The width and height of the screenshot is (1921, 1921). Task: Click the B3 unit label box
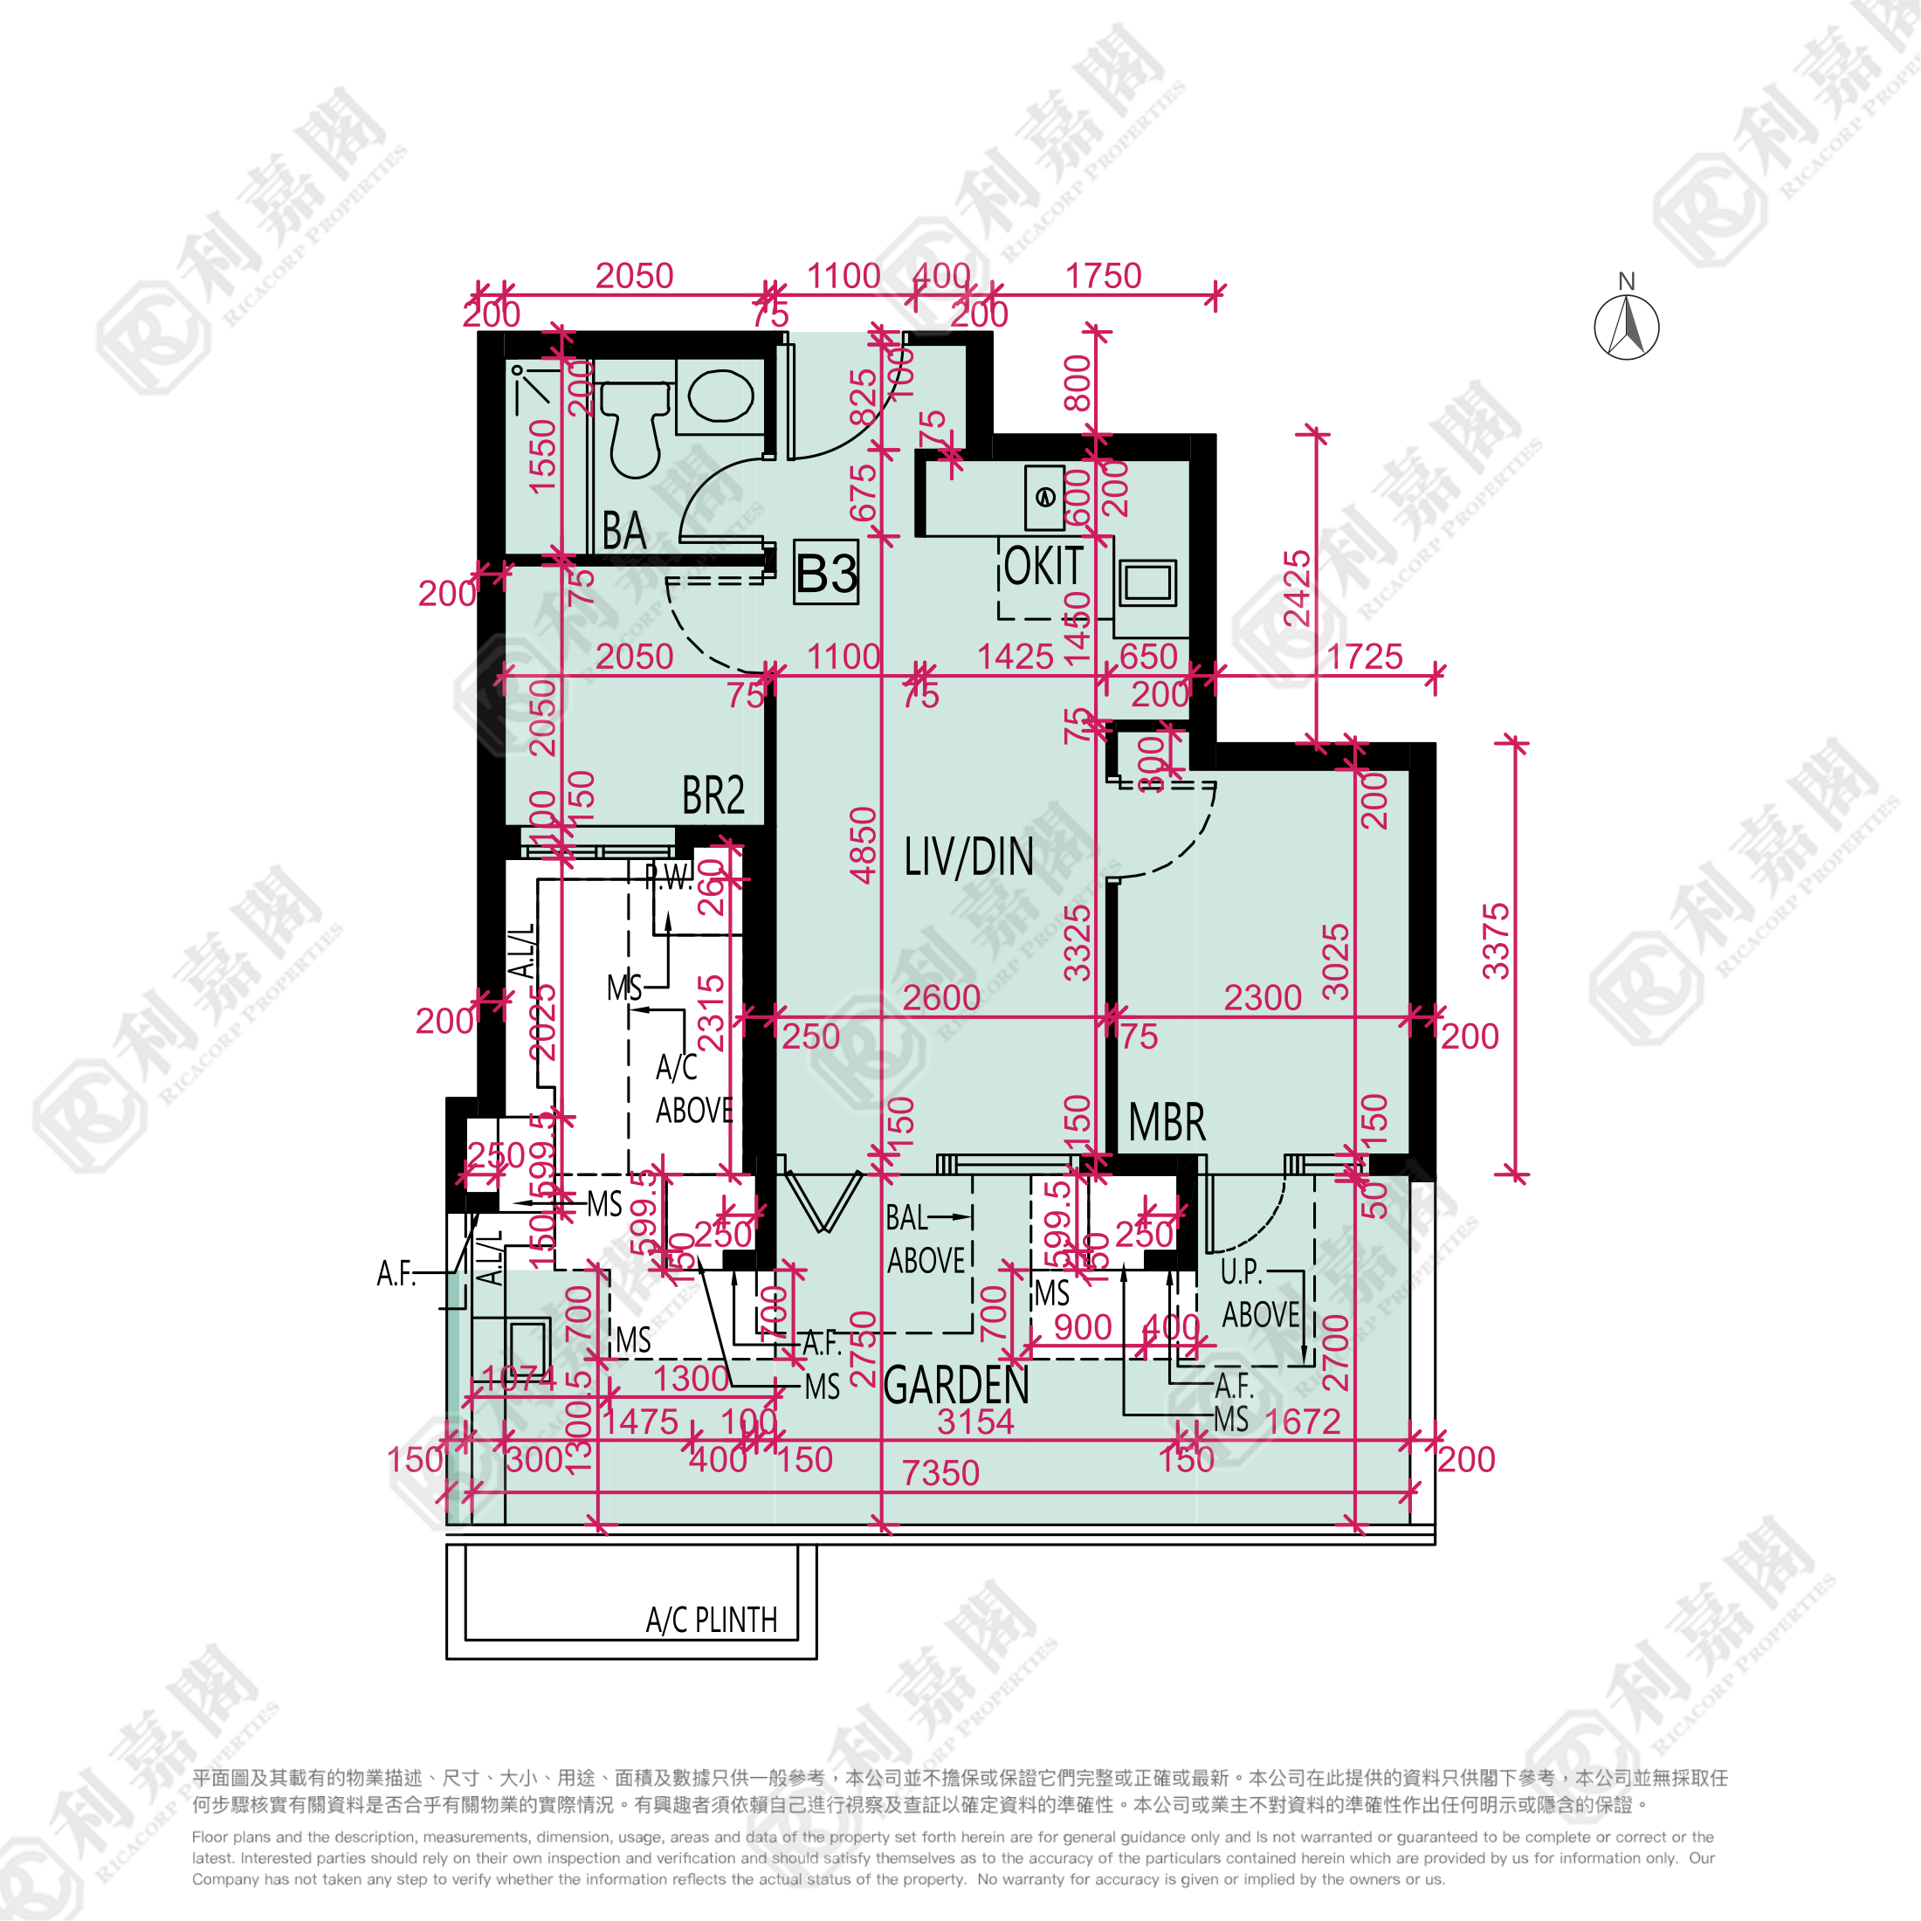click(825, 573)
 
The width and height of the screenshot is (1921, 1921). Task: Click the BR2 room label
click(713, 795)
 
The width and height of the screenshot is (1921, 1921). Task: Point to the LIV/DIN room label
click(968, 857)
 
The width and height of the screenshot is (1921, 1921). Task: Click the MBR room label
click(1167, 1123)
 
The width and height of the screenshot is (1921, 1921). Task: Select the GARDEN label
click(955, 1385)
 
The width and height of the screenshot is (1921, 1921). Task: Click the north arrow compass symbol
click(1626, 326)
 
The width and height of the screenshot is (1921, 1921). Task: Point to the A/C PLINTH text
click(711, 1620)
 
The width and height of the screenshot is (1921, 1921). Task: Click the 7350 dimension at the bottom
click(940, 1472)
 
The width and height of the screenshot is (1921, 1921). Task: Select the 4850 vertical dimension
click(863, 844)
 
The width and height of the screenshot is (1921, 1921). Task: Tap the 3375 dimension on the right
click(1496, 940)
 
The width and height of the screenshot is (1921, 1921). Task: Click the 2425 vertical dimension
click(1297, 589)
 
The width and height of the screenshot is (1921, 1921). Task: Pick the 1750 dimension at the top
click(1103, 275)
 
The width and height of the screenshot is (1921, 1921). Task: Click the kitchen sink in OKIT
click(1147, 582)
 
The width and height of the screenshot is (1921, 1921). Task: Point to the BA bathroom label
click(624, 531)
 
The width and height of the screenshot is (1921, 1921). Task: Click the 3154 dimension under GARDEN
click(975, 1422)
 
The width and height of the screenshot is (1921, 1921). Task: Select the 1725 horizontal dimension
click(1364, 657)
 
